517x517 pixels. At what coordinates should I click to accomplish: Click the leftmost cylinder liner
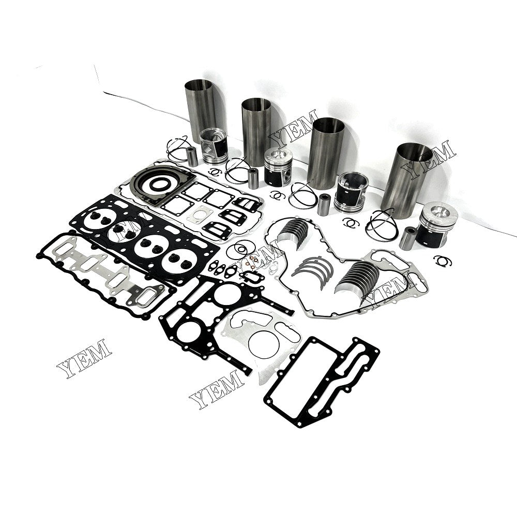click(x=201, y=105)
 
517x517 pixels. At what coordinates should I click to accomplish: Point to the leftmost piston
click(x=214, y=146)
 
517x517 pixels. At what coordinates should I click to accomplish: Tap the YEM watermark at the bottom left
click(x=84, y=358)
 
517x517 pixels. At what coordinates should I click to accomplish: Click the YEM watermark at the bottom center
click(x=217, y=389)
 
